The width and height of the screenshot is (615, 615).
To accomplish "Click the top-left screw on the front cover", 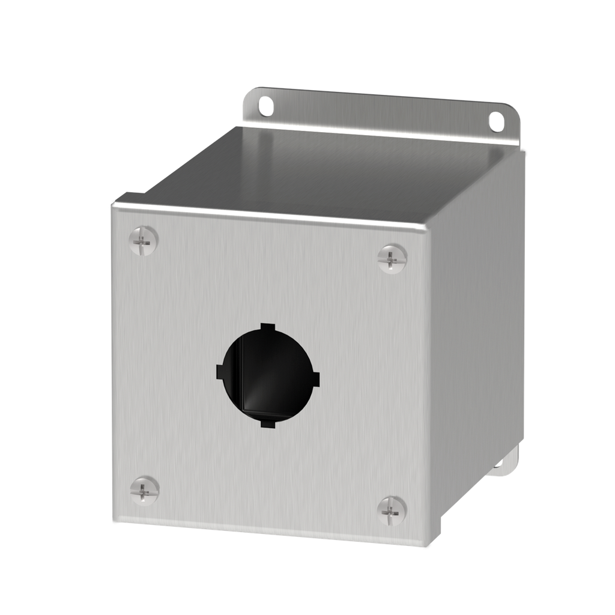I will coord(144,241).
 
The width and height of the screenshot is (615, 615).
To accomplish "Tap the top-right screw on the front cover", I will coord(392,259).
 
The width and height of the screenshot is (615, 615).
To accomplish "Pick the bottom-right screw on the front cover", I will coord(392,510).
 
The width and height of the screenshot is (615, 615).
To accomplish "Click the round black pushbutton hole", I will coord(268,376).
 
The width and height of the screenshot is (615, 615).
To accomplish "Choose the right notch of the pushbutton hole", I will coord(317,380).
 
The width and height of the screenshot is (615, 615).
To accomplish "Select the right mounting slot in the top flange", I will coord(496,121).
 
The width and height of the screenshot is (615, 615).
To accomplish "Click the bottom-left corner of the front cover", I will coord(116,521).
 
